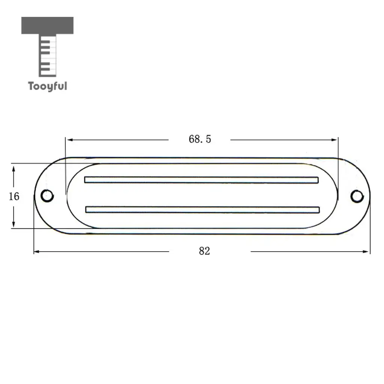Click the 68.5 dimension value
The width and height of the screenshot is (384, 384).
coord(200,139)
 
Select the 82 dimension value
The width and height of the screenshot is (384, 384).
coord(204,251)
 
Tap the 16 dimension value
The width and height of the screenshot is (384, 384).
coord(14,196)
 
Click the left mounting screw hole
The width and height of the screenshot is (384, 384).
coord(47,196)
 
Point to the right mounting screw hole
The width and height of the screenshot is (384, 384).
coord(357,196)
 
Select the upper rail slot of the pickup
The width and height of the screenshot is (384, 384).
coord(201,180)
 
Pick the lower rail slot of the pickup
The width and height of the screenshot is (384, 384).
coord(202,210)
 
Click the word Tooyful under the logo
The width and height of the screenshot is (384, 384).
coord(48,87)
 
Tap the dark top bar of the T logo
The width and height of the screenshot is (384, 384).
coord(47,25)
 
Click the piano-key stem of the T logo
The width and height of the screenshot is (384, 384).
coord(48,55)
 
